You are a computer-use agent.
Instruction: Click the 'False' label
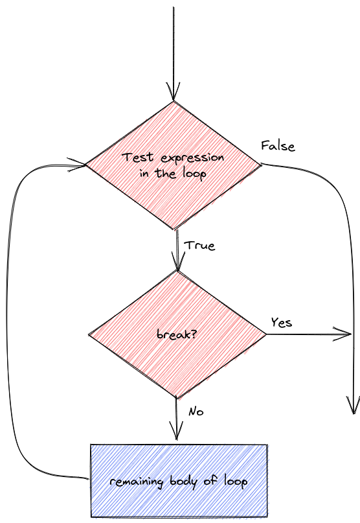278,146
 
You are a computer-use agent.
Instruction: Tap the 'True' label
199,246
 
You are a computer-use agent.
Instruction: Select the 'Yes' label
282,323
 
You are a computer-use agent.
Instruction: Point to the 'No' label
196,412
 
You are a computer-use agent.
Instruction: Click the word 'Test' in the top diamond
137,157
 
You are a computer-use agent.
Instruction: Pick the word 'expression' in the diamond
192,158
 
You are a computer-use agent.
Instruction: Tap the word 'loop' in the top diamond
194,174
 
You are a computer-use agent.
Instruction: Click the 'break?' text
177,334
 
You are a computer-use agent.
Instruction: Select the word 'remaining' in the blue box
137,482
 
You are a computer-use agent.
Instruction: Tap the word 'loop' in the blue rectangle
235,482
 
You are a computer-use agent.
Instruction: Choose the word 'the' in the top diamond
165,173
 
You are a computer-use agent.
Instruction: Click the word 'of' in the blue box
210,480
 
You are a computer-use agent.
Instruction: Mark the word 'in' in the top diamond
144,173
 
